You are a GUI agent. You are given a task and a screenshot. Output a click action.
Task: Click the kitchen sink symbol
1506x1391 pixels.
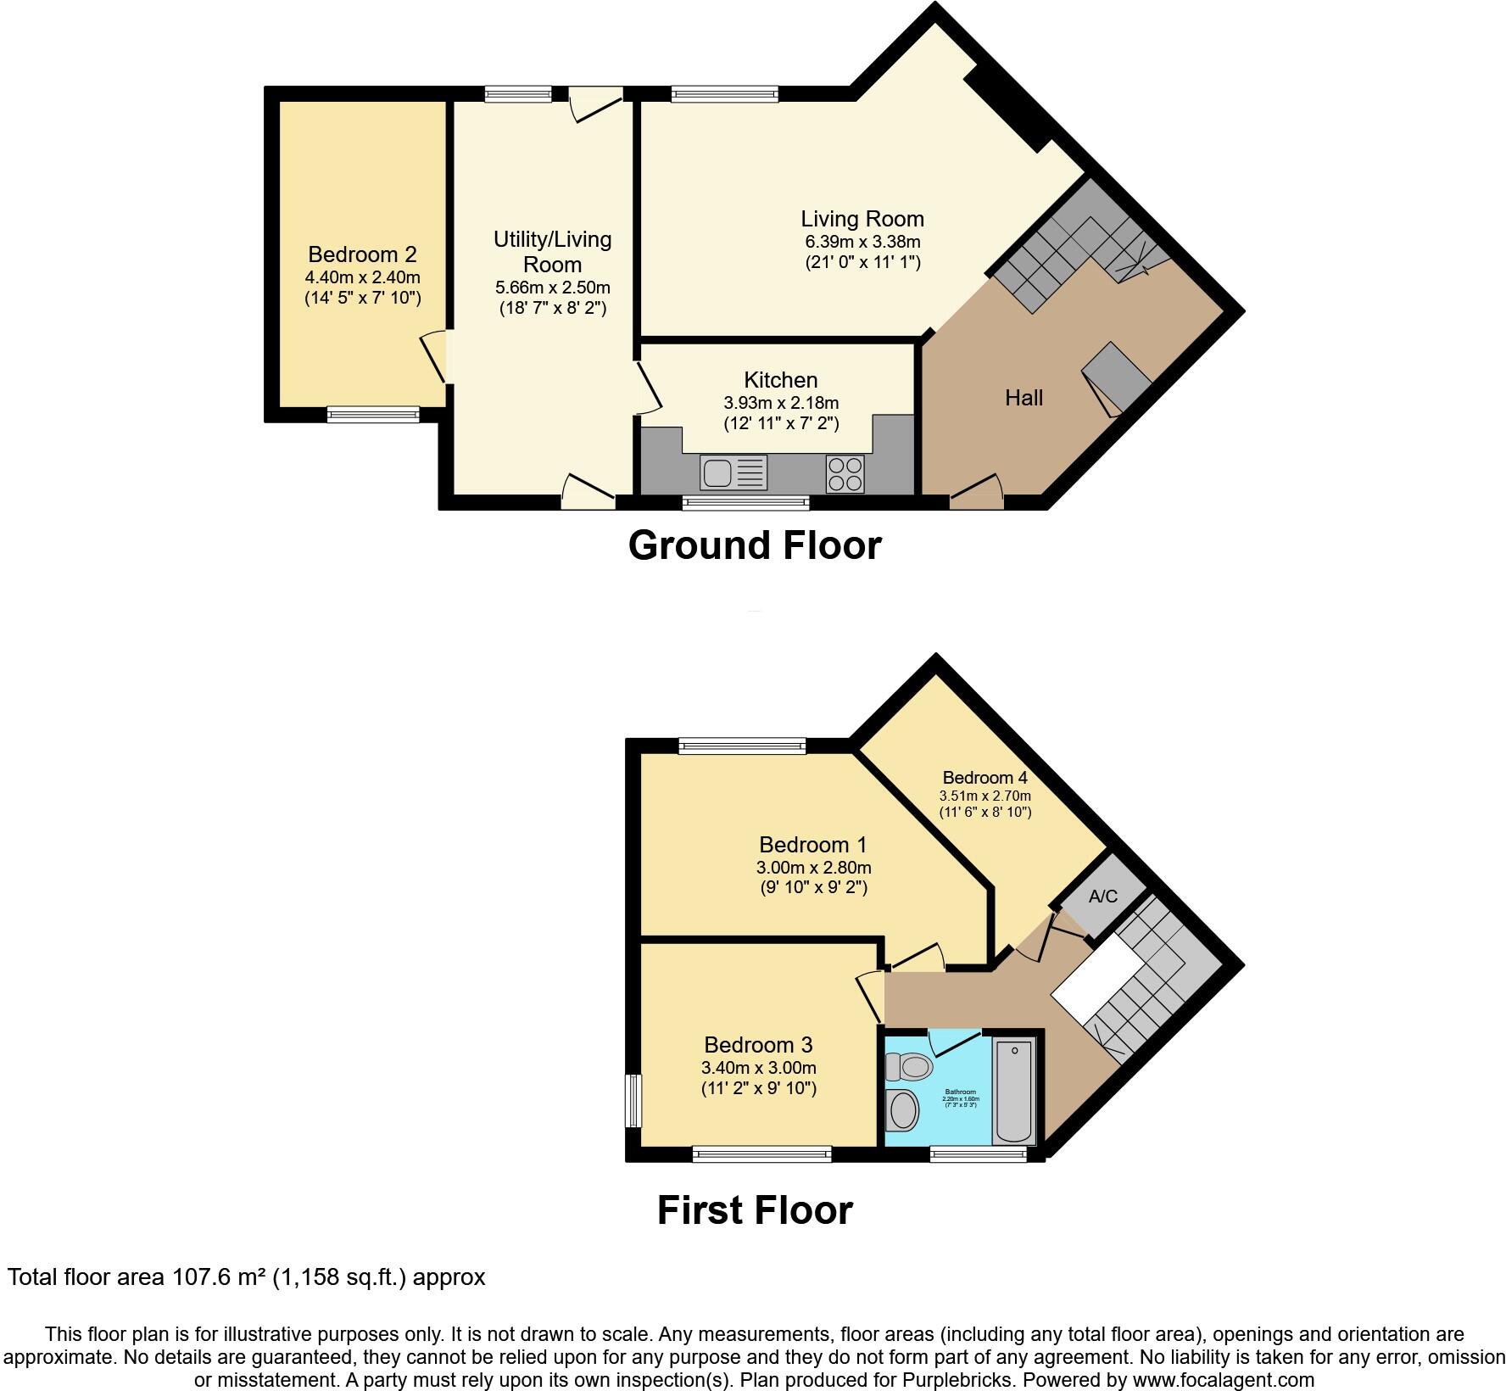[733, 472]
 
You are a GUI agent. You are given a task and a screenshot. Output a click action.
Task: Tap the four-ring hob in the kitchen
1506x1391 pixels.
[845, 473]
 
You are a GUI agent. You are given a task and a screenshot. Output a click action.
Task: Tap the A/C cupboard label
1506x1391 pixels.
[1102, 897]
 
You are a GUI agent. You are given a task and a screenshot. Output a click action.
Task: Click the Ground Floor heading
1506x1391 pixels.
[754, 545]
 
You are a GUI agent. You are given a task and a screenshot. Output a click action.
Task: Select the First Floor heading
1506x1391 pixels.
[754, 1210]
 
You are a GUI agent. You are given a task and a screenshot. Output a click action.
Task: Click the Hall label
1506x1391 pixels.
[1024, 398]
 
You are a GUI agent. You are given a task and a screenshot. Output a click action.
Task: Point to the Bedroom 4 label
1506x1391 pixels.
[984, 778]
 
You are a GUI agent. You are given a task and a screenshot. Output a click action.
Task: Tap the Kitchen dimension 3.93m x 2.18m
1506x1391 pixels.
[781, 403]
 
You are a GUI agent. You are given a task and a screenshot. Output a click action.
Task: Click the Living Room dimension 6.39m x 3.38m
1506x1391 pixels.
[862, 242]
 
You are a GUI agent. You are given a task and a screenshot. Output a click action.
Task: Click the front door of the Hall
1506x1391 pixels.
[977, 494]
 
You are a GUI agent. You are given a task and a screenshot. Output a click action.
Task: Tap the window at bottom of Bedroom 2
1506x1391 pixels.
[373, 414]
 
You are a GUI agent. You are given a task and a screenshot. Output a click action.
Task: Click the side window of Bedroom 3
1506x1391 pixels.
[633, 1101]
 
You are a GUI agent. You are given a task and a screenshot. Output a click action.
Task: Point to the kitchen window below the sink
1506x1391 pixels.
[746, 503]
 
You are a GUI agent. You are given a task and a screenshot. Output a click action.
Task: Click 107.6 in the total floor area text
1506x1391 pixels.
[202, 1276]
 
